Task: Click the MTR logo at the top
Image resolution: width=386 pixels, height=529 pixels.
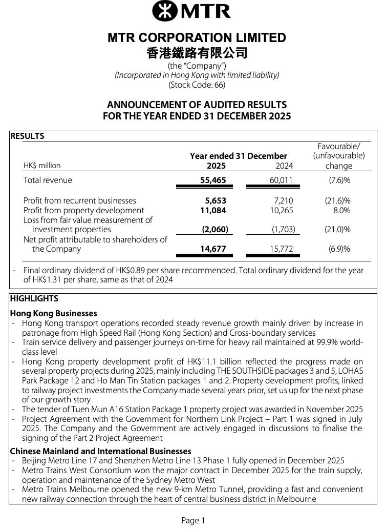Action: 192,11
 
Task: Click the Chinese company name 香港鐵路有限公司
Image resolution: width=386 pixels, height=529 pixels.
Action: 197,53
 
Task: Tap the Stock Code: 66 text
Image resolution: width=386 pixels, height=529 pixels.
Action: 197,85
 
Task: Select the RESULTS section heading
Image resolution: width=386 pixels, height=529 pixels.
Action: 27,136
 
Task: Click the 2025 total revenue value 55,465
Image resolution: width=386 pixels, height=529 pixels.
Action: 213,180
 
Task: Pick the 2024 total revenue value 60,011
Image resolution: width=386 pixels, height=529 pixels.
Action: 281,180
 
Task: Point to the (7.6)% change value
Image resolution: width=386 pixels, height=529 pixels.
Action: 339,180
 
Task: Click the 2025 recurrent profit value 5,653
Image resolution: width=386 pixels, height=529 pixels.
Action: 216,200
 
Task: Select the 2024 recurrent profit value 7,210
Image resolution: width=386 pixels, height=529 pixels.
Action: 284,200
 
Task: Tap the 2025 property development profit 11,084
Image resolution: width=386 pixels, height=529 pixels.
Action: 213,210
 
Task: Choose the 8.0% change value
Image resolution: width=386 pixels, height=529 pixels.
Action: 341,210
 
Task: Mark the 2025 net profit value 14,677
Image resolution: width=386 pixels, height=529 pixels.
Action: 213,249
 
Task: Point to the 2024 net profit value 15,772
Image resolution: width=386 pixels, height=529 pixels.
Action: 281,249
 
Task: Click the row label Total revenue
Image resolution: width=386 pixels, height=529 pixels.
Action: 48,180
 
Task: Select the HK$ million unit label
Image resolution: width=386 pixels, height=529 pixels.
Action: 42,166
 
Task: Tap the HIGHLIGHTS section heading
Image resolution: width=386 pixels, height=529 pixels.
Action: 34,298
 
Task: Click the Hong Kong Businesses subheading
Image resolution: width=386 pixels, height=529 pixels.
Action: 53,313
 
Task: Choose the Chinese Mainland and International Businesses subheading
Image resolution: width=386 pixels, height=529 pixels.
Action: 100,451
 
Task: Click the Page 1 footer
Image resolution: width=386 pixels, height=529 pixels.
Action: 193,520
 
